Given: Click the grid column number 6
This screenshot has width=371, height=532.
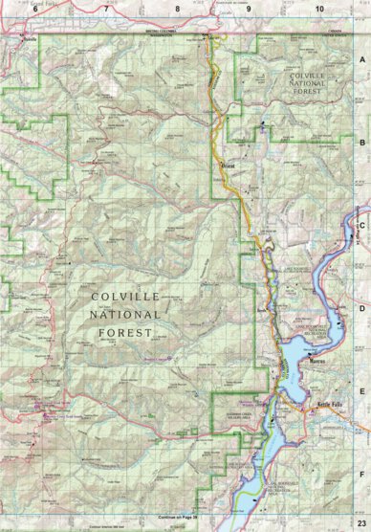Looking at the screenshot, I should coord(34,8).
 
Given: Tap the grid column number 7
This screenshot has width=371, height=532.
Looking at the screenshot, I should coord(105,8).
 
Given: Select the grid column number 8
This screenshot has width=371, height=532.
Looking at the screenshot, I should coord(177,8).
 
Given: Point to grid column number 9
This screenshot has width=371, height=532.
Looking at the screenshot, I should coord(248,8).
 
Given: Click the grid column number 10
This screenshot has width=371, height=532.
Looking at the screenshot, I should coord(318,8).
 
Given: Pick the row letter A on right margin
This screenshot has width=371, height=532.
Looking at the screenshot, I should coord(362,58).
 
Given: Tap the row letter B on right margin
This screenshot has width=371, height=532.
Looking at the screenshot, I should coord(362,141).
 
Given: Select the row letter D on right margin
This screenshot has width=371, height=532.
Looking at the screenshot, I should coord(362,308).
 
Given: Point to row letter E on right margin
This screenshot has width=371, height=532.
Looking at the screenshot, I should coord(362,390).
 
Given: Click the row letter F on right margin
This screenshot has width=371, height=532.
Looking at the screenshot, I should coord(362,474).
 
